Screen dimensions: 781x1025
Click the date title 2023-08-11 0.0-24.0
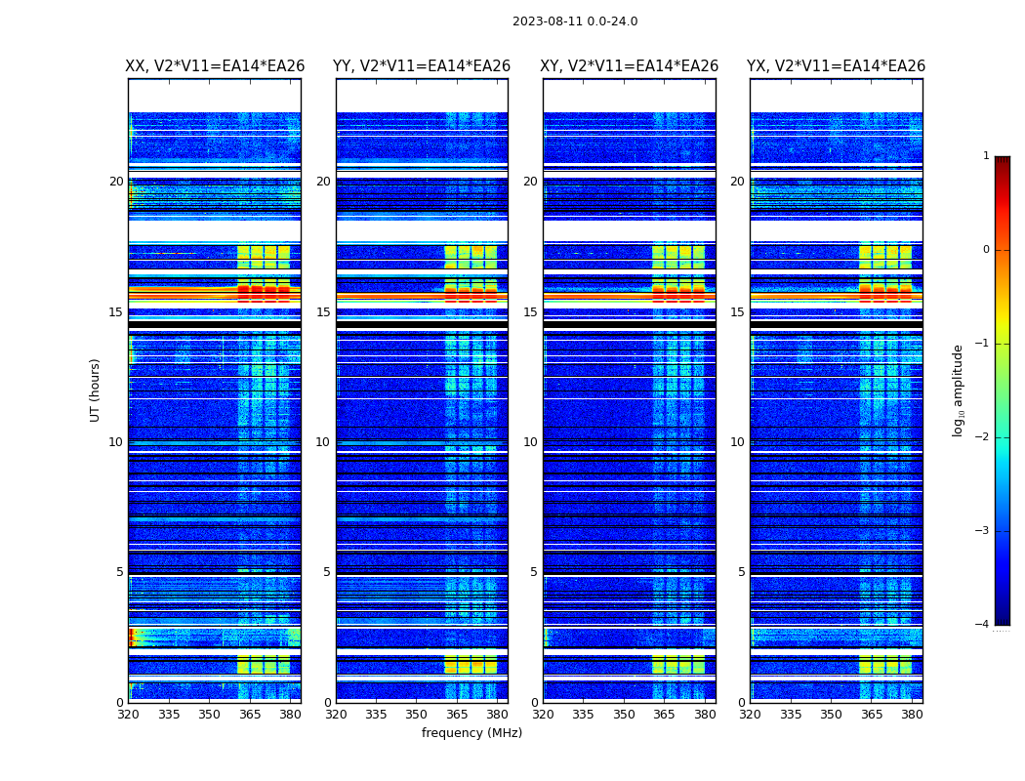pyautogui.click(x=575, y=21)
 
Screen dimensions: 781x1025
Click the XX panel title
pyautogui.click(x=215, y=66)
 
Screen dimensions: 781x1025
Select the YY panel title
pyautogui.click(x=422, y=66)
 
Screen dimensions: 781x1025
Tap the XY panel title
pyautogui.click(x=630, y=66)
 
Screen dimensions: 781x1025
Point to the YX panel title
pyautogui.click(x=837, y=66)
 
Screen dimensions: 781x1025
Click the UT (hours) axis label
pyautogui.click(x=96, y=390)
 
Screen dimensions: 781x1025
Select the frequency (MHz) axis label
pyautogui.click(x=471, y=733)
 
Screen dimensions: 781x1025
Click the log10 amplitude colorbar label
pyautogui.click(x=959, y=390)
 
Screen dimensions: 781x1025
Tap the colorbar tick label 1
pyautogui.click(x=986, y=156)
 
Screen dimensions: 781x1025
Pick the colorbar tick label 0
pyautogui.click(x=986, y=250)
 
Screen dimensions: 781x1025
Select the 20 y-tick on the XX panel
pyautogui.click(x=116, y=182)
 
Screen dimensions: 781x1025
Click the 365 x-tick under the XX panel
pyautogui.click(x=250, y=715)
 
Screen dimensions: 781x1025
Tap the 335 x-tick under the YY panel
pyautogui.click(x=377, y=715)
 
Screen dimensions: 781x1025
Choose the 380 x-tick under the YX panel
pyautogui.click(x=913, y=715)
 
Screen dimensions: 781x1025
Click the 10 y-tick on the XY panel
pyautogui.click(x=530, y=442)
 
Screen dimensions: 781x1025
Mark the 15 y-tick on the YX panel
pyautogui.click(x=738, y=312)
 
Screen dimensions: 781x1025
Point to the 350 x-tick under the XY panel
pyautogui.click(x=624, y=715)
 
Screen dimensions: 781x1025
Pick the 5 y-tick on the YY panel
pyautogui.click(x=327, y=572)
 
